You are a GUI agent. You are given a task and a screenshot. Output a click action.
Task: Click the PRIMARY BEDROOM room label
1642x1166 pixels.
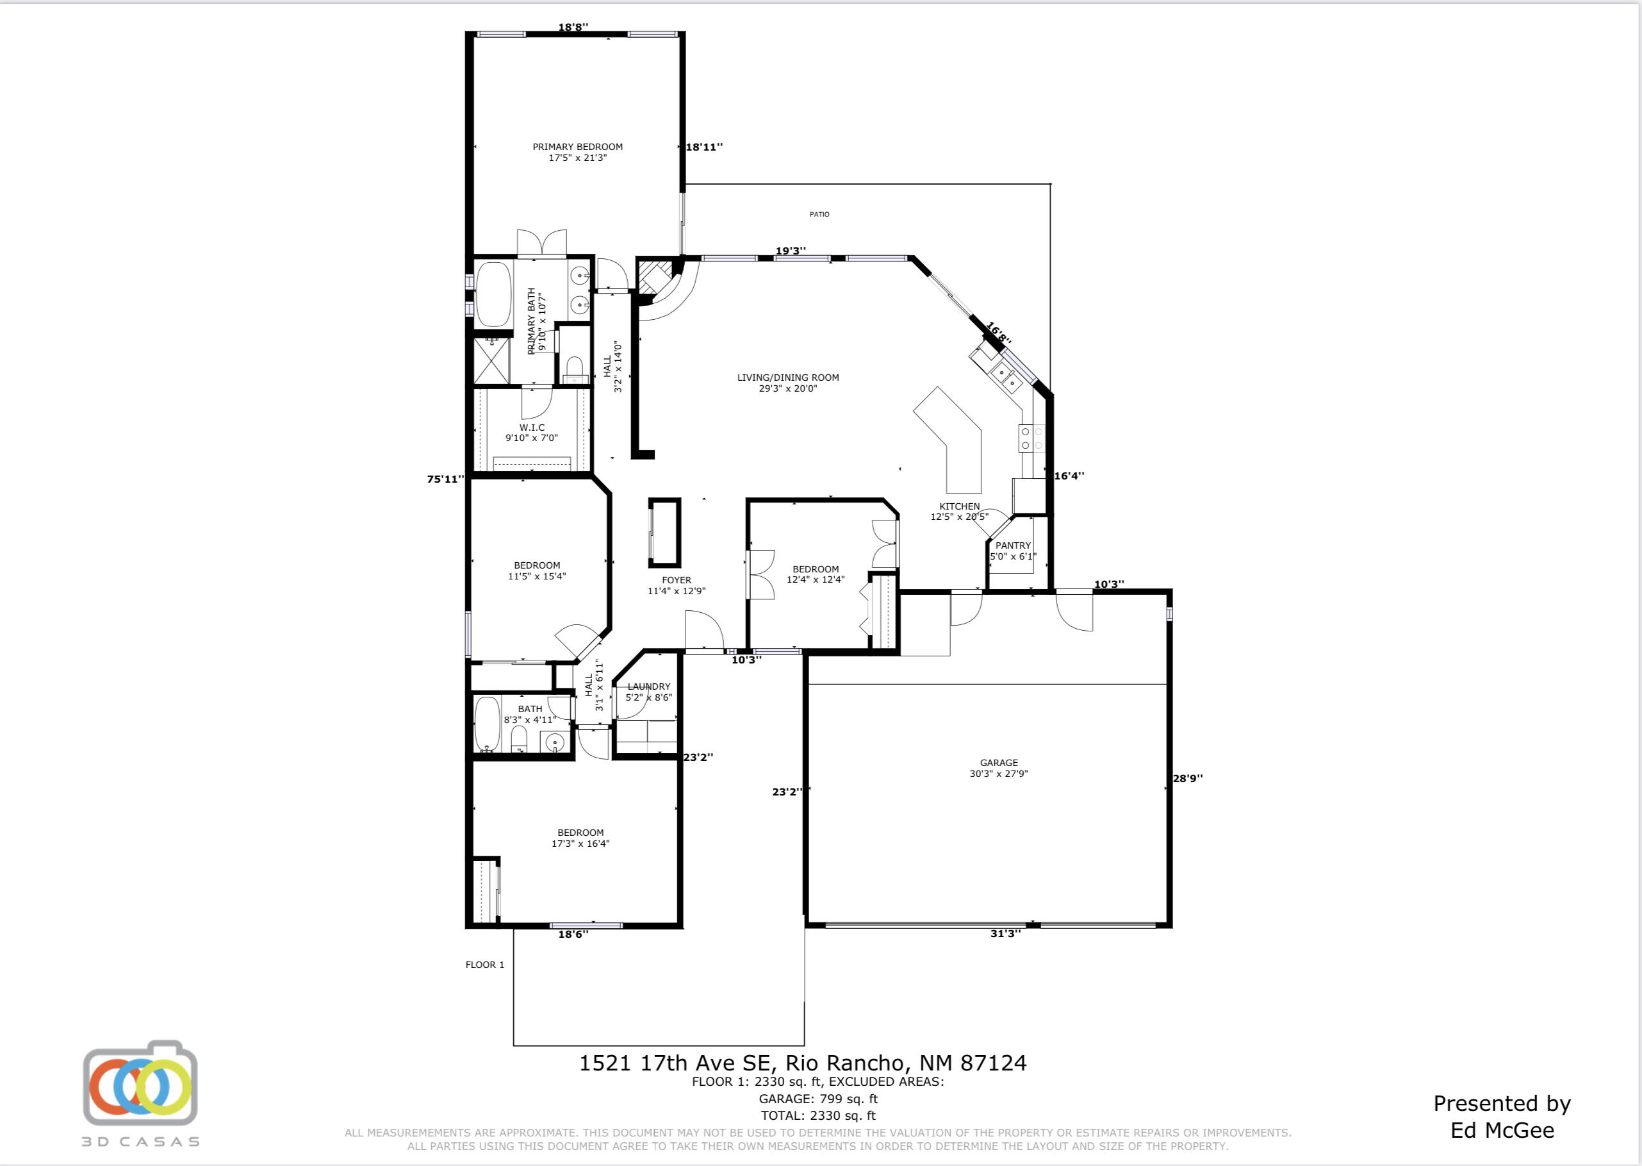tap(577, 152)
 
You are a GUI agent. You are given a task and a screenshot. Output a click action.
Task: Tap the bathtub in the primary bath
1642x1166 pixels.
tap(493, 294)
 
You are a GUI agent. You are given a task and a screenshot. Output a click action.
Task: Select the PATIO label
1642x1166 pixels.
tap(819, 214)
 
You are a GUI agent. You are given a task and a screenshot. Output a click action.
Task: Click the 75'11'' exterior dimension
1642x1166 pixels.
tap(445, 479)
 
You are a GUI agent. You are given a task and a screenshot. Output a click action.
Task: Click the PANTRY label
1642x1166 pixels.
tap(1013, 551)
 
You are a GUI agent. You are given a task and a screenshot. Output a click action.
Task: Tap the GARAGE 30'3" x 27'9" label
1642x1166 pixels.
tap(998, 768)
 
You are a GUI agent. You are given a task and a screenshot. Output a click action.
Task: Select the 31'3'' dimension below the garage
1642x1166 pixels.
tap(1005, 933)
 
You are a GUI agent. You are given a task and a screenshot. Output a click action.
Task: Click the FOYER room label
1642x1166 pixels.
tap(676, 585)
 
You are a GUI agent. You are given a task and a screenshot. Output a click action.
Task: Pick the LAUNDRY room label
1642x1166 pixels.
tap(649, 692)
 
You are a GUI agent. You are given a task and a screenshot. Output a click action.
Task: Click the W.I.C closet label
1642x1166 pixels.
tap(532, 432)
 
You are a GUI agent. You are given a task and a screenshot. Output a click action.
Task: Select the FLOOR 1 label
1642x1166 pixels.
tap(484, 964)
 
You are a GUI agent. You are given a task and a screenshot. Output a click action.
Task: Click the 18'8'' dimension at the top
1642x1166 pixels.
tap(573, 28)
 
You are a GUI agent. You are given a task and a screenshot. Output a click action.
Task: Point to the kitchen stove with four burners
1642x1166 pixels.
tap(1031, 438)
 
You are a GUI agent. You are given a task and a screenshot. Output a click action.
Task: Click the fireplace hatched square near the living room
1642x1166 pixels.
tap(653, 276)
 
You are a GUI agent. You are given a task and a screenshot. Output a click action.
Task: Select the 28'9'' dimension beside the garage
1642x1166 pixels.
tap(1187, 778)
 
